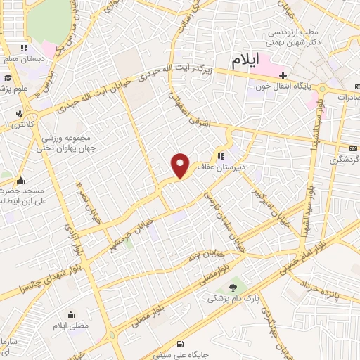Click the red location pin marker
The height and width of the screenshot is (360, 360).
click(181, 165)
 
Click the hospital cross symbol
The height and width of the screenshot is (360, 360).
click(283, 74)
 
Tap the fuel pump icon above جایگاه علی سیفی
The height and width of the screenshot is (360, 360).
click(183, 344)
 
